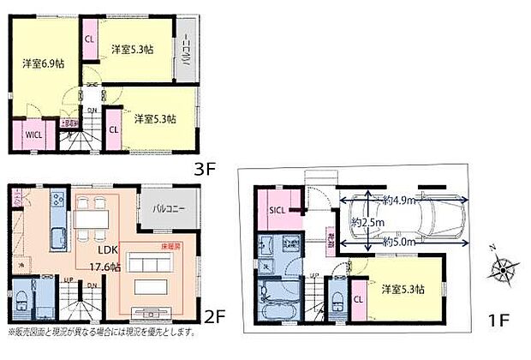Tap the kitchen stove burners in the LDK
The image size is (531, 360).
pos(57,201)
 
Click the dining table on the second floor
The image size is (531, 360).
pos(92,218)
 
